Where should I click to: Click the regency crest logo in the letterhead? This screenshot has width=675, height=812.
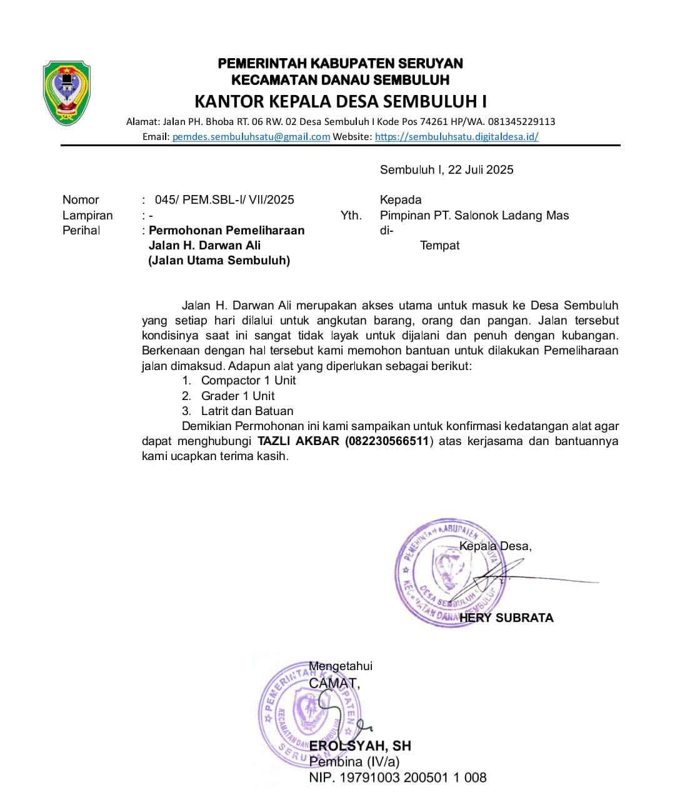(x=67, y=93)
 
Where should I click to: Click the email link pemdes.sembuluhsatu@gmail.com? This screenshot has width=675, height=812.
(x=251, y=136)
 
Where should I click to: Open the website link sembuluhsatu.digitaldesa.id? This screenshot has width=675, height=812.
(x=456, y=136)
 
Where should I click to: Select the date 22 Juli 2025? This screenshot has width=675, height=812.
(x=481, y=169)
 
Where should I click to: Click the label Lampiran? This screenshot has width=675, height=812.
(x=87, y=215)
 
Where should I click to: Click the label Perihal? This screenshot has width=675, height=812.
(x=81, y=230)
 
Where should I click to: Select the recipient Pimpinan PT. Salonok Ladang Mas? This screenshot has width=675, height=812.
(x=474, y=215)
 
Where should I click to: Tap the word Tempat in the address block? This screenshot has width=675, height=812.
(x=439, y=245)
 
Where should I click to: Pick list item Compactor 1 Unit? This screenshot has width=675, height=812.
(x=248, y=380)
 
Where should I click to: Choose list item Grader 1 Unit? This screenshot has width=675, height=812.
(x=237, y=396)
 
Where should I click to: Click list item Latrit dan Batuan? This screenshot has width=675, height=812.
(x=247, y=411)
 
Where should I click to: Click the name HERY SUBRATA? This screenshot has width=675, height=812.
(x=506, y=618)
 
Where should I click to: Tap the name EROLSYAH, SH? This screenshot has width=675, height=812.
(x=360, y=746)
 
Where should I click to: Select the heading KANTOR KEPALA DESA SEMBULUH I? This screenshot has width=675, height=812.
(x=341, y=101)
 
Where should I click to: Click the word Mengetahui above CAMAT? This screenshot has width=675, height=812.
(x=341, y=666)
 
